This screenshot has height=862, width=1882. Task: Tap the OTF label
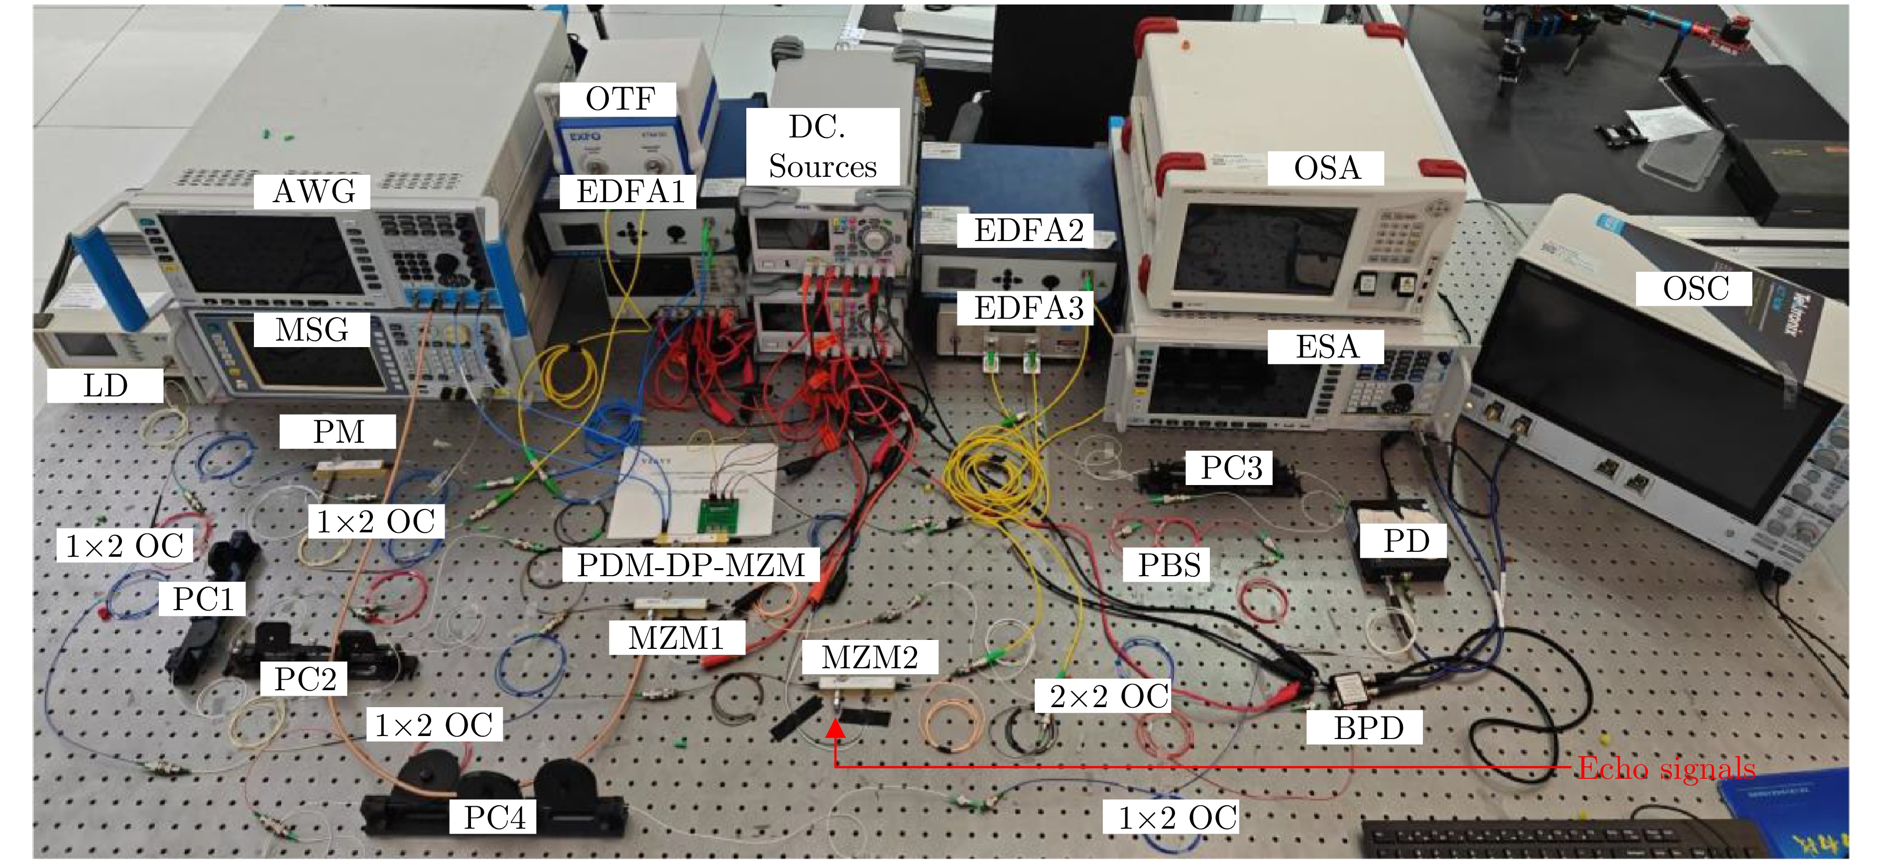point(619,99)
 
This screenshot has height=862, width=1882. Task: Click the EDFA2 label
point(1028,231)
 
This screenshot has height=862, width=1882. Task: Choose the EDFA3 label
point(1028,308)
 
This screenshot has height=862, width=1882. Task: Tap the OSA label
point(1326,168)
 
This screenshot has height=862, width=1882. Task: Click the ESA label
point(1326,346)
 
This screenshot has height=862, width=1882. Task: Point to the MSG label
point(312,330)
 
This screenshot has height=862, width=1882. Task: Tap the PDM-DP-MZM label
point(691,565)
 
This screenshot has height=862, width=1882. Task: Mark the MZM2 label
point(869,657)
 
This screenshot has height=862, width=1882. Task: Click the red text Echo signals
point(1666,768)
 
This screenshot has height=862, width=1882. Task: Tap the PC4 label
point(494,817)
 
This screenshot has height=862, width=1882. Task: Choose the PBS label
point(1169,565)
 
